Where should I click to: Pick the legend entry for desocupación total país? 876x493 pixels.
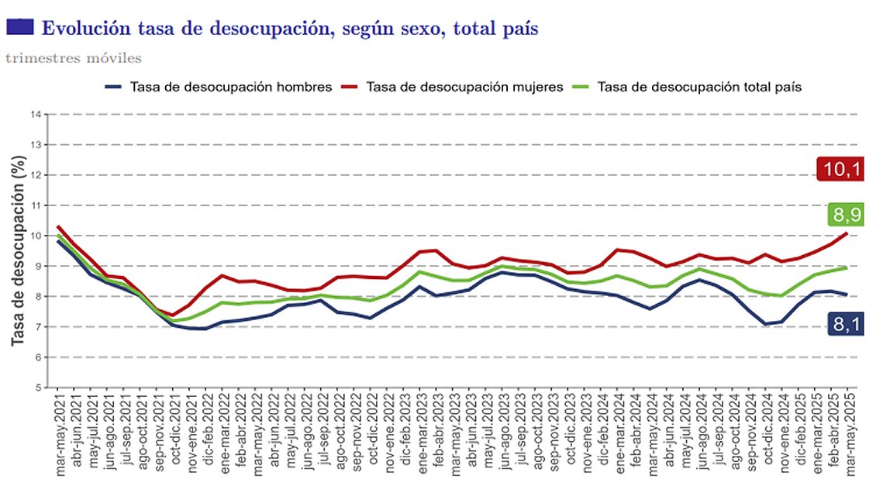pos(700,87)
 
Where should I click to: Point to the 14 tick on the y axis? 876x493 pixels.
pos(36,115)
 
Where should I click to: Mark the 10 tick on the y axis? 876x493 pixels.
pos(36,236)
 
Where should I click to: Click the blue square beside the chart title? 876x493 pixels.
pos(19,27)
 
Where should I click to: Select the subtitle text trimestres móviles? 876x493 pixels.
pos(73,57)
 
